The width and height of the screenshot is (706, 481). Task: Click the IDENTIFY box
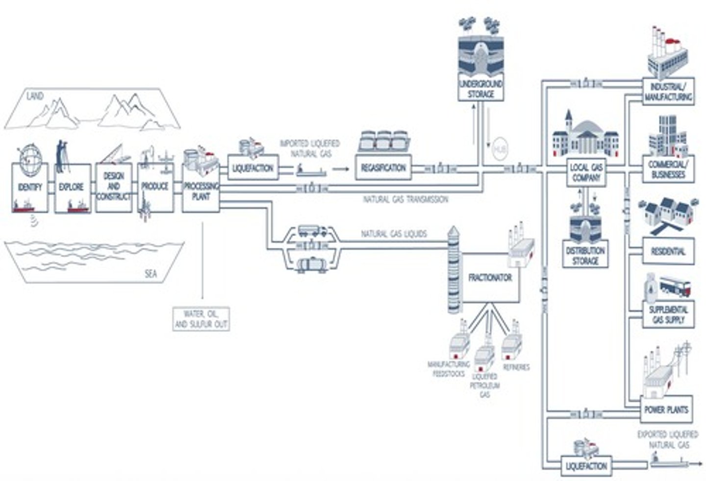point(30,188)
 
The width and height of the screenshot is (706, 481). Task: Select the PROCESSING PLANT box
point(201,192)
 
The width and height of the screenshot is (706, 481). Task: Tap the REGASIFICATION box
point(383,168)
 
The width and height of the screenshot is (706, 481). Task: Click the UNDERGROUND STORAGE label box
point(480,89)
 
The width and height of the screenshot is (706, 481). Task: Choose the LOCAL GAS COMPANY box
point(586,173)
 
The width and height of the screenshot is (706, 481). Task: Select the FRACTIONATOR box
point(490,278)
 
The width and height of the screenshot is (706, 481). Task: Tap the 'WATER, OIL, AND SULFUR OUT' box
point(201,319)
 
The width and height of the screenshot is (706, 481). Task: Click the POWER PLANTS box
point(666,409)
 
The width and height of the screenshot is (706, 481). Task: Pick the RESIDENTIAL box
point(668,251)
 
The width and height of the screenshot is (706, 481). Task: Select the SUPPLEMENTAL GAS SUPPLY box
point(668,314)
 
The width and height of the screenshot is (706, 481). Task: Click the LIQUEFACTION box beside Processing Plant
point(252,168)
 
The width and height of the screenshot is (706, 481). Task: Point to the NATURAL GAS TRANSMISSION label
point(405,200)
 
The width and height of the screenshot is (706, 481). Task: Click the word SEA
point(151,274)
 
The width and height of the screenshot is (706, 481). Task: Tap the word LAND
point(35,96)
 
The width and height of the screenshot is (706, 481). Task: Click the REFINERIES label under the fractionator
point(516,367)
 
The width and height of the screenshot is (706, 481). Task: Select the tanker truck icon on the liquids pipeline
point(312,230)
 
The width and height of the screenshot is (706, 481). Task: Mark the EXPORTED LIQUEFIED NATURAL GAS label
point(668,439)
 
